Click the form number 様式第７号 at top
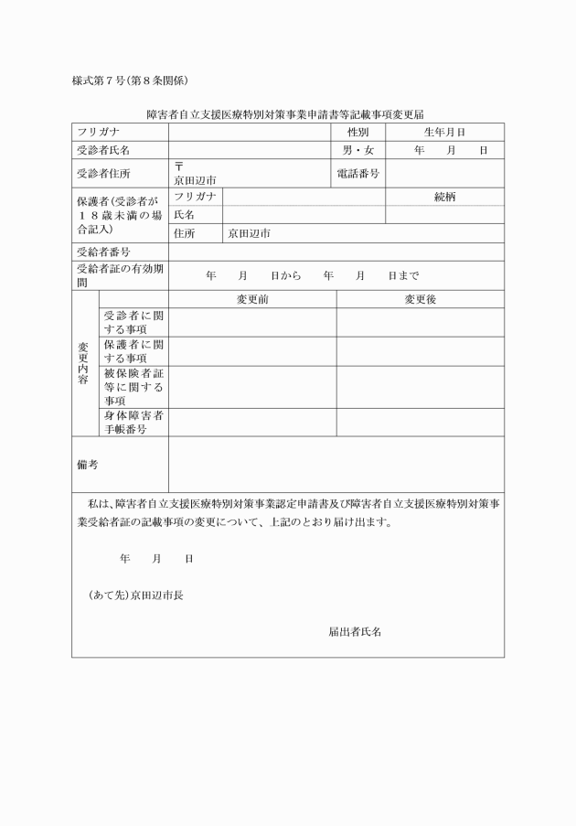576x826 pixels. [x=102, y=80]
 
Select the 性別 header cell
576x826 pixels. [x=357, y=133]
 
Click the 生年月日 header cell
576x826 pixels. [x=444, y=133]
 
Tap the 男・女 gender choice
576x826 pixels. [x=357, y=150]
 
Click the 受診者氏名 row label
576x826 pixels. [x=103, y=150]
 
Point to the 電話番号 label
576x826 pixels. [x=357, y=173]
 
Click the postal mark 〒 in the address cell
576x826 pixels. [x=179, y=166]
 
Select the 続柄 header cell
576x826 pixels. [x=444, y=197]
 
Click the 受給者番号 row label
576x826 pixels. [x=103, y=252]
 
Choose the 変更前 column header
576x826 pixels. [x=252, y=299]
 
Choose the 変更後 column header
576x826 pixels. [x=420, y=299]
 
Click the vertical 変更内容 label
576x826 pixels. [x=84, y=363]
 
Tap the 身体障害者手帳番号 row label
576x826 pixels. [x=133, y=422]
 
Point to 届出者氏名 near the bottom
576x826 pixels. [x=355, y=631]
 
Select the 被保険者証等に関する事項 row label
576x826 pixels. [x=133, y=387]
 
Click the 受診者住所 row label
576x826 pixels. [x=103, y=173]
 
